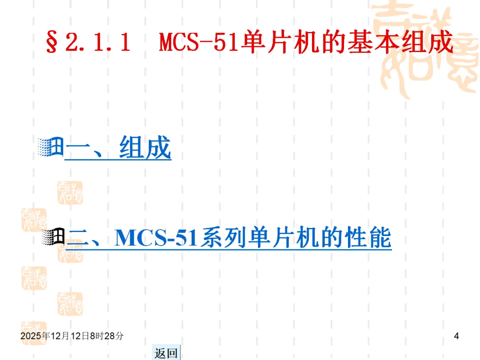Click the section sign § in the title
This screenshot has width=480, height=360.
[x=52, y=44]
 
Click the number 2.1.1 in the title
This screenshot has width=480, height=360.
[x=97, y=44]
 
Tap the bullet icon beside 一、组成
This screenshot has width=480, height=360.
[x=51, y=147]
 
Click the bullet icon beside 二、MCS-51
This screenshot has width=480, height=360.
[x=53, y=237]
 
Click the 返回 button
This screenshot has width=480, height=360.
[x=166, y=353]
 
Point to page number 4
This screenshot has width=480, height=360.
[x=456, y=336]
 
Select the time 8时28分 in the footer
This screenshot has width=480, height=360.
[x=107, y=336]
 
